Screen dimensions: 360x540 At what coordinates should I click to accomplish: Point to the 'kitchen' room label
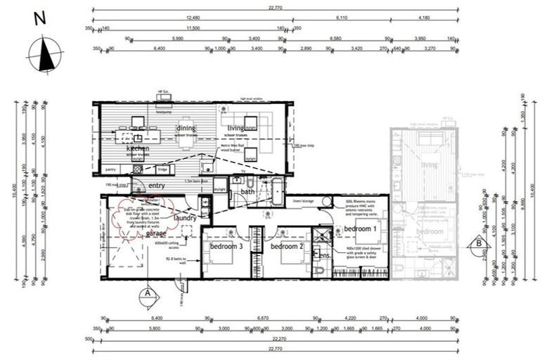[x=138, y=149]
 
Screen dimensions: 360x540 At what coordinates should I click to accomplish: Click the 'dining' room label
[x=186, y=128]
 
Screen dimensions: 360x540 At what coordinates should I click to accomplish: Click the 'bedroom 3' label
[x=226, y=247]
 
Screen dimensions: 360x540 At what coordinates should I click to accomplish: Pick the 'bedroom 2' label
[x=287, y=247]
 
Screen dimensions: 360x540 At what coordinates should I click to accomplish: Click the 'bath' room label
[x=247, y=191]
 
